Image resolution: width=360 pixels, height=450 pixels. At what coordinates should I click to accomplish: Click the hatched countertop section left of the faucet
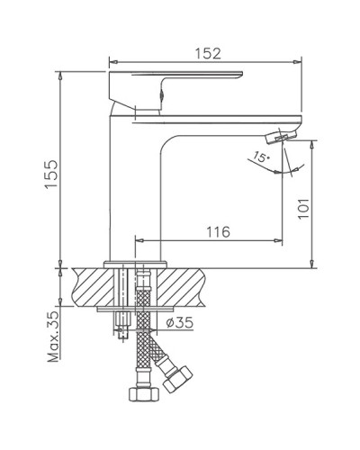[90, 286]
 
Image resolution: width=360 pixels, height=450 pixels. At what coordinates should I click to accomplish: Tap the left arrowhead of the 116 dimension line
[139, 240]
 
